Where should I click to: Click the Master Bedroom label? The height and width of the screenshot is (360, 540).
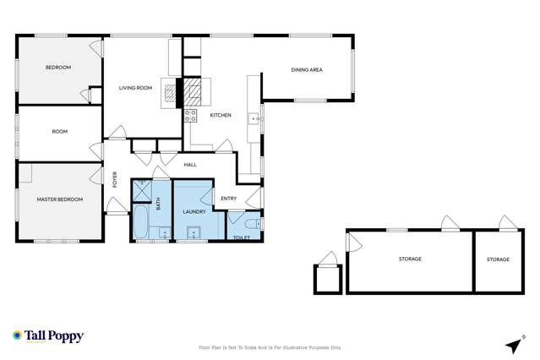tap(59, 199)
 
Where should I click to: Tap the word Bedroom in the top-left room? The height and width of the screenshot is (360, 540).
tap(58, 68)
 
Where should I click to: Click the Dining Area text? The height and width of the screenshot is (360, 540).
tap(307, 70)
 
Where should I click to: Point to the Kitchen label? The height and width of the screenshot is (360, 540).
tap(221, 115)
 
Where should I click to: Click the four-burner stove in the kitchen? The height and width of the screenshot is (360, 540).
tap(191, 116)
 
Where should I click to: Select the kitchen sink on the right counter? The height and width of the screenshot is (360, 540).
tap(253, 119)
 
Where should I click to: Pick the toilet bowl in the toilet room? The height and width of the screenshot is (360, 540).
tap(253, 223)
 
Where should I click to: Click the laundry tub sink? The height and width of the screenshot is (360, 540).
tap(187, 233)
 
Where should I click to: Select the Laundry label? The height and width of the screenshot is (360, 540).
tap(194, 211)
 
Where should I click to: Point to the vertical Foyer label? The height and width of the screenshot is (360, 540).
tap(116, 179)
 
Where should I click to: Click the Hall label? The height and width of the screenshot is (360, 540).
tap(190, 165)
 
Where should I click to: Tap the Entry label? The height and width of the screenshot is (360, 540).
tap(228, 199)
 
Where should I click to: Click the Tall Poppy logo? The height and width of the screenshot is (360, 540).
tap(48, 336)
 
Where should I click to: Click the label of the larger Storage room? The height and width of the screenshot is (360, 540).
tap(409, 259)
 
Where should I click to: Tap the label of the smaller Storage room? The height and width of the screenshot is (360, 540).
tap(498, 259)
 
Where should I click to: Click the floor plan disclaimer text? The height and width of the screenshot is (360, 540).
tap(270, 347)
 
